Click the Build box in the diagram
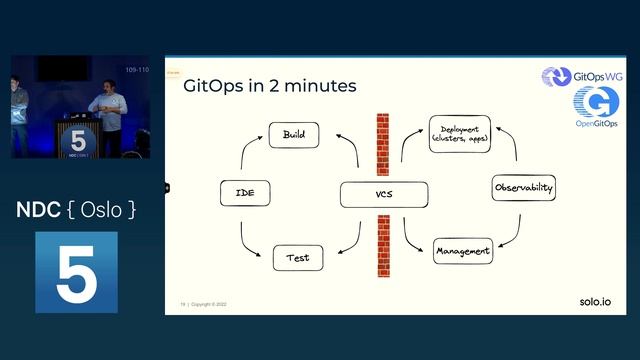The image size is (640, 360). click(x=294, y=134)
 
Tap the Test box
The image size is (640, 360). click(x=297, y=258)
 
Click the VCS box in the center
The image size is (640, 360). click(x=383, y=194)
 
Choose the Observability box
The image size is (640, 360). click(x=524, y=188)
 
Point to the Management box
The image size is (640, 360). click(x=463, y=251)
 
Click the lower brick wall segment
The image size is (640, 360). click(x=382, y=245)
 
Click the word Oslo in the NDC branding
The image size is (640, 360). click(x=98, y=212)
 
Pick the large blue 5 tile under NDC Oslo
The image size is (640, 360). click(x=76, y=272)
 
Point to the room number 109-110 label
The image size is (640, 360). click(x=137, y=70)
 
